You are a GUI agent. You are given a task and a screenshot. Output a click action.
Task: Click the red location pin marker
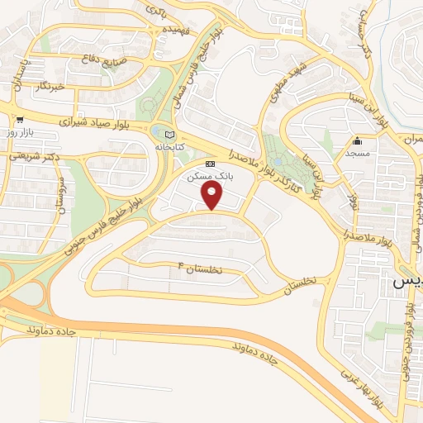(212, 195)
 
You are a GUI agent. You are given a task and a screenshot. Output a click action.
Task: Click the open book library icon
(170, 134)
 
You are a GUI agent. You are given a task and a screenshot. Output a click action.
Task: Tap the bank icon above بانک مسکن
(211, 164)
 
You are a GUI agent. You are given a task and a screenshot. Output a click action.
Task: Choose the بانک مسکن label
(211, 176)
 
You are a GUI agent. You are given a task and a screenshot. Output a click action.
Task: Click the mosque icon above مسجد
(356, 140)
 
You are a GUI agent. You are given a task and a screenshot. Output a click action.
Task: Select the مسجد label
(356, 153)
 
